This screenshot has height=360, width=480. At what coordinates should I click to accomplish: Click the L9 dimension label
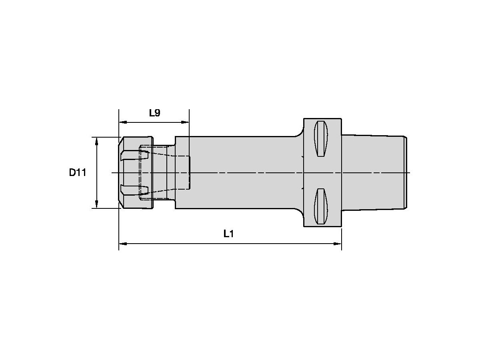coord(154,113)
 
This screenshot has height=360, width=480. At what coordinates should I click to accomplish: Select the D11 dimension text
coord(78,173)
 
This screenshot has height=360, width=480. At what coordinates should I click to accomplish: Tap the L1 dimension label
coord(228,234)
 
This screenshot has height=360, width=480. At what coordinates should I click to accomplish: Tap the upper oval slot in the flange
coord(321,138)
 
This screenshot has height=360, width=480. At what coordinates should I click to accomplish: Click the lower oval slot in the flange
coord(321,206)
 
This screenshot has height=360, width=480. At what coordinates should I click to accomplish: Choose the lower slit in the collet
coord(134,189)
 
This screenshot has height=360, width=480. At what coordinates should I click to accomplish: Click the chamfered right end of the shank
coord(405,172)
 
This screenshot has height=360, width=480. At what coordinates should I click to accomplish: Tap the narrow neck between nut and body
coord(164,172)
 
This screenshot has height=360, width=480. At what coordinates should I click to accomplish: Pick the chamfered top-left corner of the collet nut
coord(121,141)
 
